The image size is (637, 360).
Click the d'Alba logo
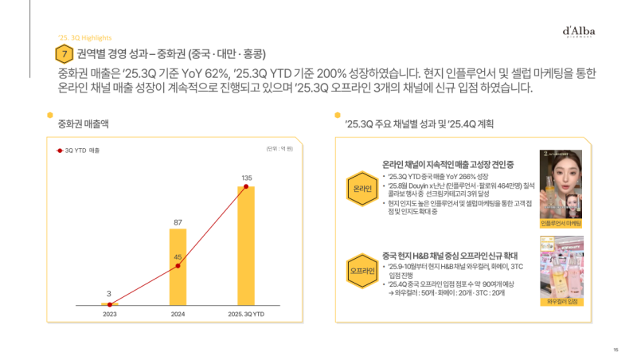tap(579, 33)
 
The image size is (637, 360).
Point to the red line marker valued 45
tap(178, 267)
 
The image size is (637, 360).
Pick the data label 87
tap(178, 221)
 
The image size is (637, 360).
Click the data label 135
tap(246, 177)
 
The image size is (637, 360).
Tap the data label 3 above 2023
tap(109, 294)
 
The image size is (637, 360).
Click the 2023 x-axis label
tap(109, 314)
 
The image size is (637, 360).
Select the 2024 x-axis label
tap(178, 314)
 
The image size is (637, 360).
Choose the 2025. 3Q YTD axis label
tap(246, 314)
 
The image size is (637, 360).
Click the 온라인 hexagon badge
tap(361, 188)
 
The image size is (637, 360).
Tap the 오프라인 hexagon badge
tap(361, 271)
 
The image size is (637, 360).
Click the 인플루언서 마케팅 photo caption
tap(561, 224)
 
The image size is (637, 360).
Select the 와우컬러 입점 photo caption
tap(561, 302)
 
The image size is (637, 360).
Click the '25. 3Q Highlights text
tap(85, 37)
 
